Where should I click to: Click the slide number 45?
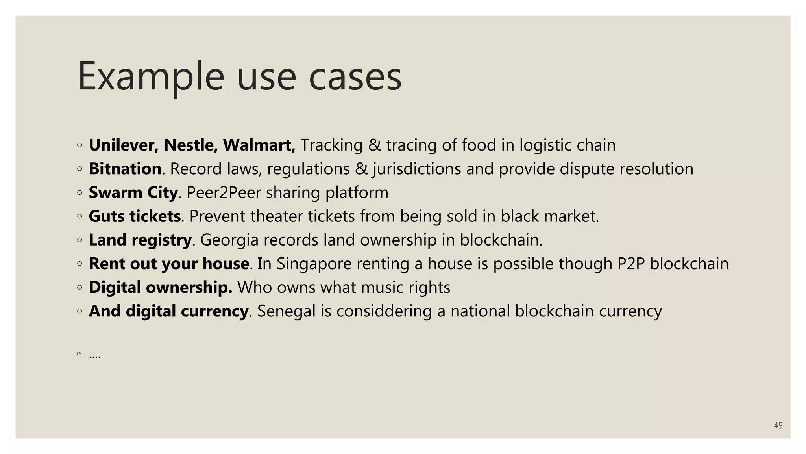[778, 426]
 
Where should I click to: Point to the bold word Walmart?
[259, 145]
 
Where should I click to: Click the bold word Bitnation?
[125, 169]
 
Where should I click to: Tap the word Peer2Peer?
[224, 192]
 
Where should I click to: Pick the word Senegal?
[286, 311]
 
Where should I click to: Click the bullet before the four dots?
[79, 354]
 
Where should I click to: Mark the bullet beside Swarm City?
[79, 193]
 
